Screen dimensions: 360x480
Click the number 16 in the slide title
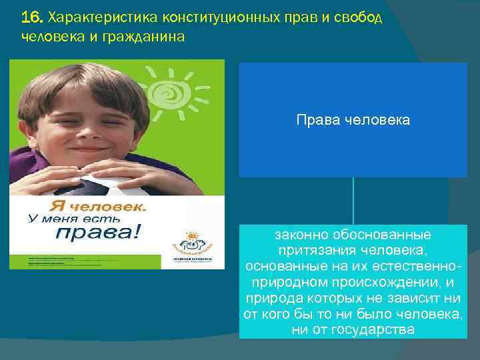pos(30,17)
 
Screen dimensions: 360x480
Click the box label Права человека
pos(353,121)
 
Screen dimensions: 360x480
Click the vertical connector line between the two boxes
pos(353,201)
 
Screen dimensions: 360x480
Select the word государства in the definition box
pos(377,329)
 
